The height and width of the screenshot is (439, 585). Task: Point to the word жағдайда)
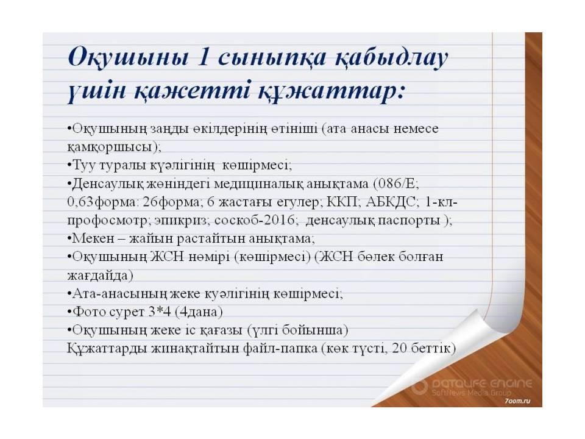[99, 275]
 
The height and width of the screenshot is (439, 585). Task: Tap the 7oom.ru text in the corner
[515, 403]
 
